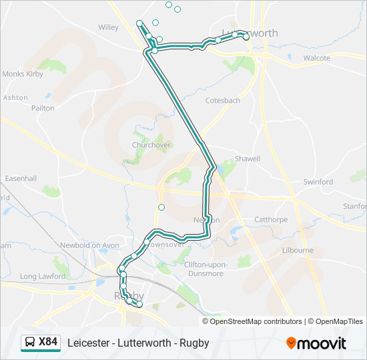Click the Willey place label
tap(108, 27)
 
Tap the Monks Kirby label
tap(23, 74)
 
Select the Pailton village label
tap(43, 107)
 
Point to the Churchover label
tap(151, 145)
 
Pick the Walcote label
tap(316, 58)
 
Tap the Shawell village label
tap(247, 159)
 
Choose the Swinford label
tap(318, 181)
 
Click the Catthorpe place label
tap(271, 219)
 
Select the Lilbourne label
tap(298, 250)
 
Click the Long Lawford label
tap(43, 276)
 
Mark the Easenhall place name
tap(21, 179)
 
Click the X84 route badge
tap(48, 343)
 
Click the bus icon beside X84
tap(30, 343)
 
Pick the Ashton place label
tap(15, 97)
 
